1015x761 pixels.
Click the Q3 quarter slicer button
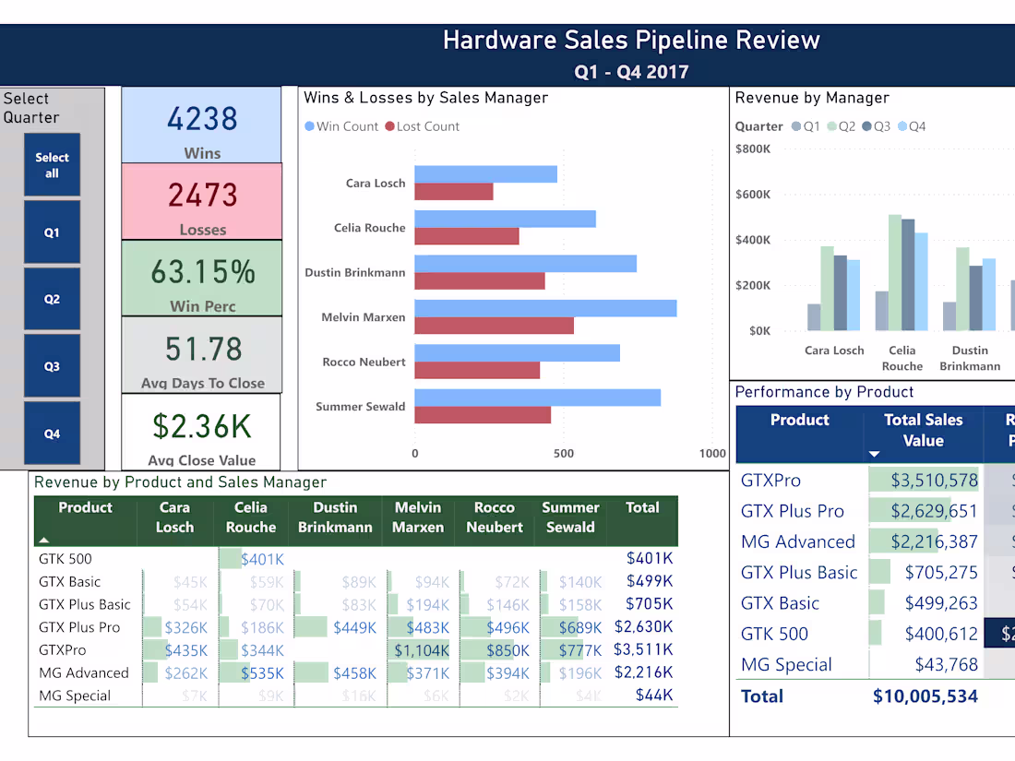coord(52,366)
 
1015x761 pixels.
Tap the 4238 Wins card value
coord(202,119)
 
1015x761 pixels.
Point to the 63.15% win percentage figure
coord(202,272)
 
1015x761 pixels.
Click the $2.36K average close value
coord(201,426)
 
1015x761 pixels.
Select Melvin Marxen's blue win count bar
coord(545,308)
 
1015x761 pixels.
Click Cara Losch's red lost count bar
coord(453,192)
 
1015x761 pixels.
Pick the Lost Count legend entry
coord(422,126)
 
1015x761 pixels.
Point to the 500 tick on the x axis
coord(564,453)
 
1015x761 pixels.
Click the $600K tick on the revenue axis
coord(753,194)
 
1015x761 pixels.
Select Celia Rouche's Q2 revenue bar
coord(895,272)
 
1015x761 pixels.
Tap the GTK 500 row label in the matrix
coord(66,558)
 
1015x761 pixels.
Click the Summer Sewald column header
coord(570,517)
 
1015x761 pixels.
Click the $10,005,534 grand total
coord(925,696)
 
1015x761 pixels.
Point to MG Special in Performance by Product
coord(786,665)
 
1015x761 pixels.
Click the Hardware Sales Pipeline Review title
coord(631,41)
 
